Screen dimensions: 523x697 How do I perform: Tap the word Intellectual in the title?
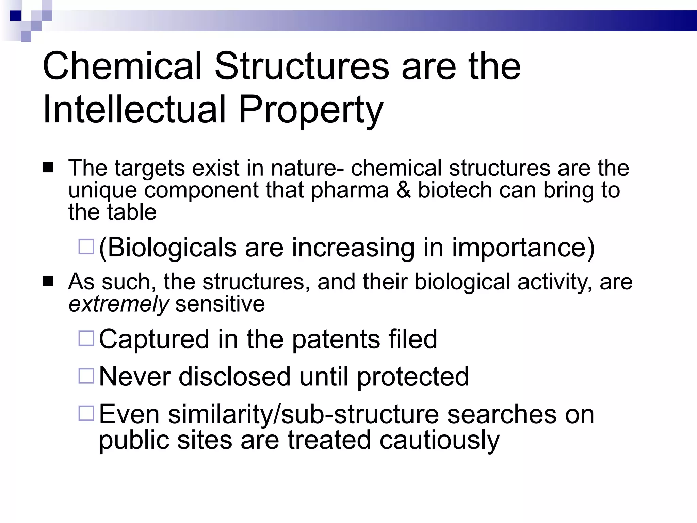[x=135, y=110]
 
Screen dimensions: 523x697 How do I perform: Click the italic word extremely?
[x=118, y=304]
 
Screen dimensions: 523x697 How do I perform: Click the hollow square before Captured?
[x=86, y=338]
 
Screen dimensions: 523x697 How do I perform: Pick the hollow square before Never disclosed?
[x=86, y=376]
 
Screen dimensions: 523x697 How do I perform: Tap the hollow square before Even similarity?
[x=86, y=413]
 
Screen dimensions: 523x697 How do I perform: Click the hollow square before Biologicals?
[x=86, y=247]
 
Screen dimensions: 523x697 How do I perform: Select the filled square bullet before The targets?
[x=48, y=168]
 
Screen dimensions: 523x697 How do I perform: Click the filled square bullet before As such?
[x=48, y=282]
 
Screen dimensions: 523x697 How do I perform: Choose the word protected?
[x=413, y=377]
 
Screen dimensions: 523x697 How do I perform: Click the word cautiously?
[x=439, y=440]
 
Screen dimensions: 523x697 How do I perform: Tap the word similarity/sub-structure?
[x=303, y=414]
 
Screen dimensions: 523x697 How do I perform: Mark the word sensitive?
[x=220, y=304]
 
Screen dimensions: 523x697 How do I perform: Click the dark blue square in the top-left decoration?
[x=16, y=16]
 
